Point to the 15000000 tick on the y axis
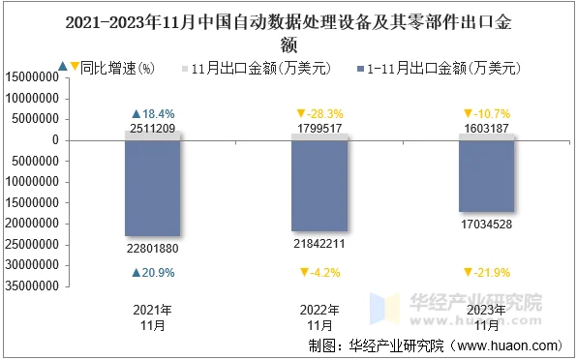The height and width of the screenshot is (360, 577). (x=38, y=77)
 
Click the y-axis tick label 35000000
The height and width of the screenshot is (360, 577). (x=38, y=285)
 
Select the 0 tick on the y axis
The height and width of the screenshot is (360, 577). (x=59, y=140)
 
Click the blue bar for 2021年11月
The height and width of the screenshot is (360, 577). (x=153, y=189)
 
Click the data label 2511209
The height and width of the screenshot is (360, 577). (x=153, y=129)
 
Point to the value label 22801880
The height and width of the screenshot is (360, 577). (x=153, y=249)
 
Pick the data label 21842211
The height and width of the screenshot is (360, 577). (x=319, y=244)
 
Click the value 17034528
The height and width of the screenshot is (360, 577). (x=486, y=225)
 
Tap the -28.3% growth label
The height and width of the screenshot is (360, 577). (x=323, y=114)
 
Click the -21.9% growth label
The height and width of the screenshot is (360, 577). (x=490, y=273)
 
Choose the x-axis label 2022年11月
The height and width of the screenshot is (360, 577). (x=319, y=317)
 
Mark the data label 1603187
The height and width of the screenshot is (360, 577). (x=486, y=129)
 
